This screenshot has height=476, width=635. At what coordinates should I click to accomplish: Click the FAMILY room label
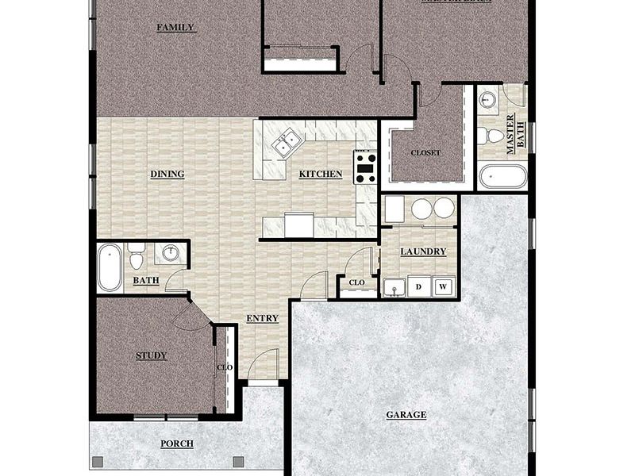coord(175,28)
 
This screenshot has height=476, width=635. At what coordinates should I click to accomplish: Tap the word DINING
coord(167,175)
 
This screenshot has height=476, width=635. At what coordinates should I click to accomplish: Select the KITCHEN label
coord(321,175)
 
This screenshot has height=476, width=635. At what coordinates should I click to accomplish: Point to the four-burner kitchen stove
coord(365,167)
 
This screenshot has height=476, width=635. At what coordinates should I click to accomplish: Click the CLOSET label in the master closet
coord(425,153)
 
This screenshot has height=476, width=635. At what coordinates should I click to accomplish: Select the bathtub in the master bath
coord(502,175)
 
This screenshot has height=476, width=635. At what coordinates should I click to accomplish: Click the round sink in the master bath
coord(488,100)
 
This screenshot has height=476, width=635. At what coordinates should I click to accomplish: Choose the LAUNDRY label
coord(423,252)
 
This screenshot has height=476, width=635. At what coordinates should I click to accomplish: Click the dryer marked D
coord(418,286)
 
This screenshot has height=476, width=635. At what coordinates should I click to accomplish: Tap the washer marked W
coord(444,286)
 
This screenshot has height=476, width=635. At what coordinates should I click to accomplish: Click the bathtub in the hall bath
coord(110,267)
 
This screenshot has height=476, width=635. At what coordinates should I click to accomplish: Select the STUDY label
coord(151,355)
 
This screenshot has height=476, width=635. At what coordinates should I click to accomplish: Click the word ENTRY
coord(262,319)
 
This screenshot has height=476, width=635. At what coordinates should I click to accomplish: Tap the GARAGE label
coord(406,415)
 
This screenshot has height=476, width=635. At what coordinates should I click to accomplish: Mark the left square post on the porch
coord(98,461)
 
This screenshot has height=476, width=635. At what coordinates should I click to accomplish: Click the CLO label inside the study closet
coord(225,367)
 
